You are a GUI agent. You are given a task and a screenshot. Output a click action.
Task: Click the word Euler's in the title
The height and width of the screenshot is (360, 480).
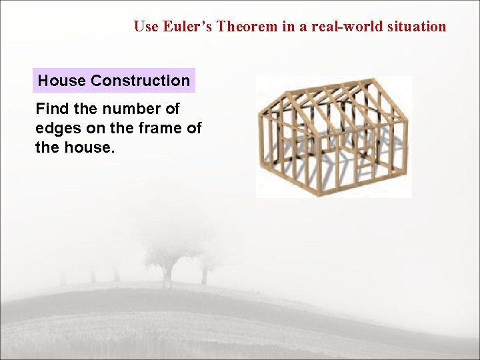(185, 27)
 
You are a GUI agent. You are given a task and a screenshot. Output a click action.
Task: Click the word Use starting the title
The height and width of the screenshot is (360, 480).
(145, 27)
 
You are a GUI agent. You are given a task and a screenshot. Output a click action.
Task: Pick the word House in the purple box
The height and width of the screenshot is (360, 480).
(62, 81)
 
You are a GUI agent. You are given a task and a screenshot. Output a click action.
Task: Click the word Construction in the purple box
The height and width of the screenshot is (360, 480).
(141, 81)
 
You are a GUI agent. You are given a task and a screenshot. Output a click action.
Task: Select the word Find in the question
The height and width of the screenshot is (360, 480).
(51, 109)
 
